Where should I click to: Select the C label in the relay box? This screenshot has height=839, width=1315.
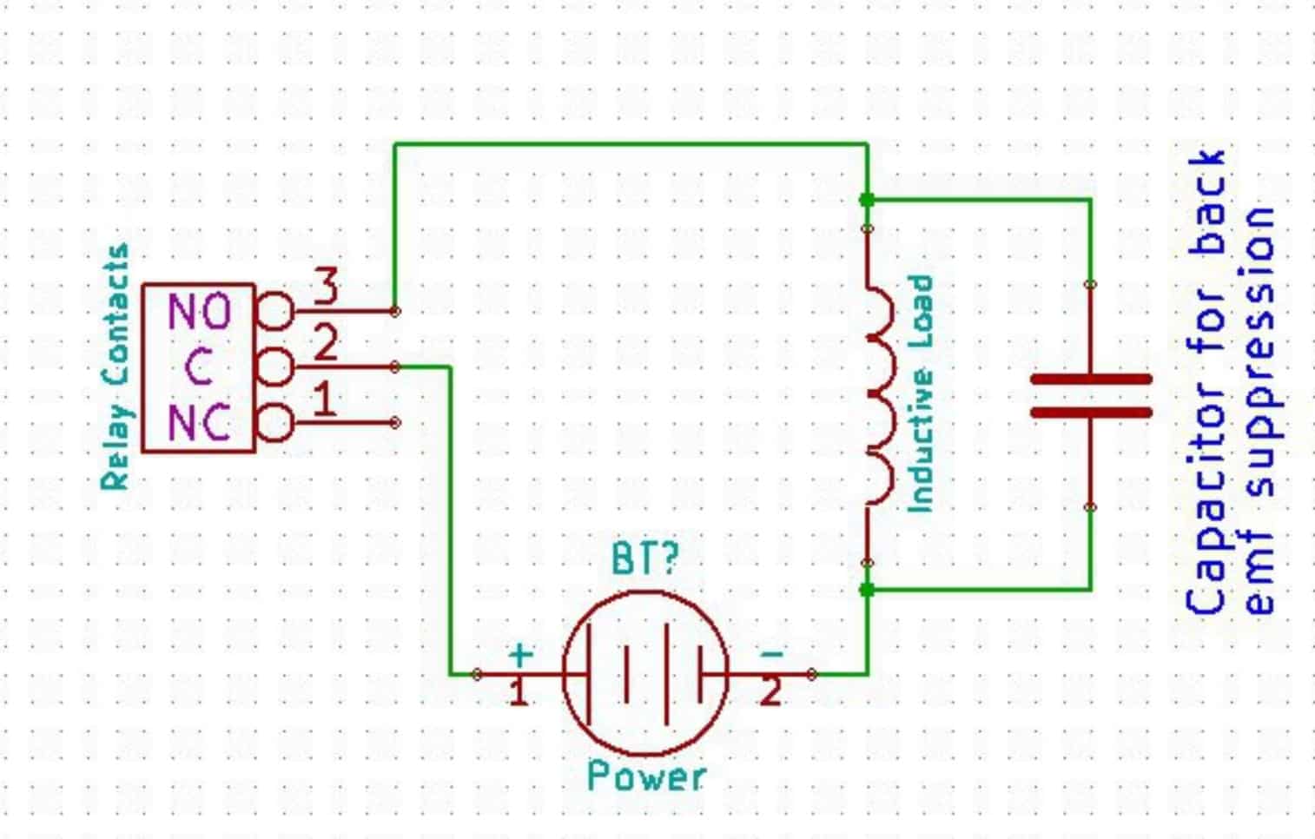tap(199, 367)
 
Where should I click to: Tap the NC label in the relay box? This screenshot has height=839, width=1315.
tap(199, 423)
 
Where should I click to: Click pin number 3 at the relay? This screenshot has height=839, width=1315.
tap(326, 287)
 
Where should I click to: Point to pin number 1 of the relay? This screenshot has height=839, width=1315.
tap(324, 400)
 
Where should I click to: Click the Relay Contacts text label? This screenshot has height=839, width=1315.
tap(116, 367)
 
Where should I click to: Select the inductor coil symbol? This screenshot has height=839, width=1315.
tap(877, 395)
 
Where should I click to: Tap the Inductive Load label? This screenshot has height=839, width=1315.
tap(920, 393)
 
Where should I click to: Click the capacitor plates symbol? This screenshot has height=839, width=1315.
tap(1091, 395)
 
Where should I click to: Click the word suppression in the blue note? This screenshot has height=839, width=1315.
tap(1259, 352)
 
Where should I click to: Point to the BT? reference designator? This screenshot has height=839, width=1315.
tap(644, 558)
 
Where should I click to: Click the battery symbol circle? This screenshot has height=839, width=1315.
tap(645, 674)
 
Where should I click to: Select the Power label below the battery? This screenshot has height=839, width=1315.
tap(646, 776)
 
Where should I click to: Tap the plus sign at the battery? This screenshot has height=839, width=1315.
tap(519, 653)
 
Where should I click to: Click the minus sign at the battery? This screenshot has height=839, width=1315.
tap(770, 653)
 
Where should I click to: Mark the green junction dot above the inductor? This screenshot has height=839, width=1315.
tap(867, 200)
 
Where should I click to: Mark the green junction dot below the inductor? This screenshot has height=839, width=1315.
tap(867, 590)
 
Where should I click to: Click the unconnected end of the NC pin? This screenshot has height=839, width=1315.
tap(395, 423)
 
